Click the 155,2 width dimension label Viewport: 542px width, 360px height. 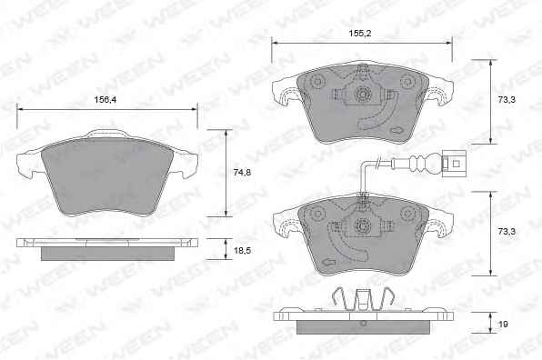pyautogui.click(x=360, y=34)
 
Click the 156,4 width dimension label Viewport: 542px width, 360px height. pyautogui.click(x=105, y=99)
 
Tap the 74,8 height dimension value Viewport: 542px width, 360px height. pyautogui.click(x=242, y=173)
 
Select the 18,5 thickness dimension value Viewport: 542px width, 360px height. pyautogui.click(x=242, y=251)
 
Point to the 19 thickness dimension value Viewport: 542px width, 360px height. pyautogui.click(x=503, y=324)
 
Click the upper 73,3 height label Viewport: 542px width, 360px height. pyautogui.click(x=507, y=99)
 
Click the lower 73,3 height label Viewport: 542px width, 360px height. pyautogui.click(x=507, y=232)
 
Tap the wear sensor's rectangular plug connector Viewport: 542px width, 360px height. pyautogui.click(x=454, y=163)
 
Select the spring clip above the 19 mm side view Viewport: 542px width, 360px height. pyautogui.click(x=363, y=299)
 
